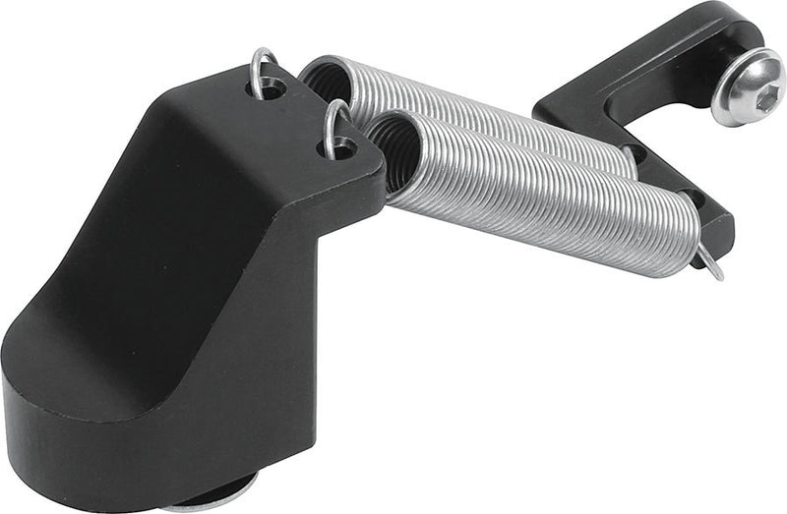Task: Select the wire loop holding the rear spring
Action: point(263,69)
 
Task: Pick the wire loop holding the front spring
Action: point(335,122)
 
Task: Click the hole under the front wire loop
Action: point(336,147)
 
